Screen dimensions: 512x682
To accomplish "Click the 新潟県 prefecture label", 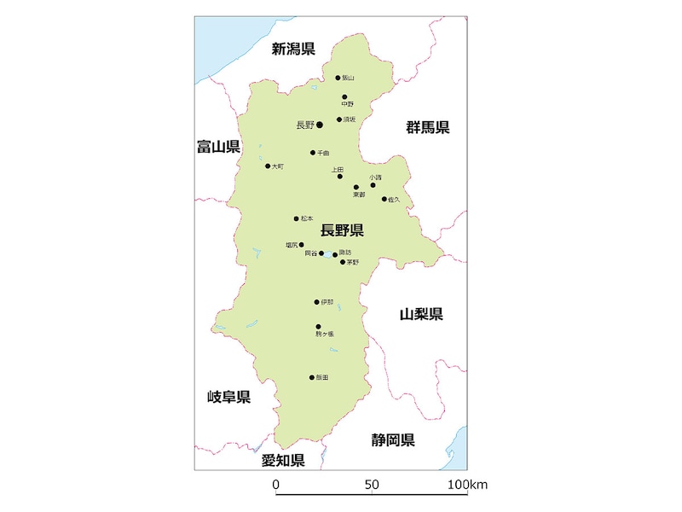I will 293,49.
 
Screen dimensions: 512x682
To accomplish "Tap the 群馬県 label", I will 427,128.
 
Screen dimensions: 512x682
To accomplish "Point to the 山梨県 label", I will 421,314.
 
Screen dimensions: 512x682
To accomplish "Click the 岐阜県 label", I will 228,397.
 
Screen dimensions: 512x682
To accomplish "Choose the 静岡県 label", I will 393,440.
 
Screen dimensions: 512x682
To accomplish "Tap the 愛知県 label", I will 283,461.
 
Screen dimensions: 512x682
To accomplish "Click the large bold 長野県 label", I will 342,230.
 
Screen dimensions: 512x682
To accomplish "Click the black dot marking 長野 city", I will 320,125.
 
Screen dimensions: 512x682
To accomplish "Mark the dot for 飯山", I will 338,78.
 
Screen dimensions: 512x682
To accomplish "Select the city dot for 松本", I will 297,218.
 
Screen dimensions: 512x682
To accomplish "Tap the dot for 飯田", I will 312,377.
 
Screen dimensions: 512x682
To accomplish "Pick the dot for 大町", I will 268,166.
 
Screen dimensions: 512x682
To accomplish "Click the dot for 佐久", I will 384,199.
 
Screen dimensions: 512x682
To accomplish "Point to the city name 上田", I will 338,170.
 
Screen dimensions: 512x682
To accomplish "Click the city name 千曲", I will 323,153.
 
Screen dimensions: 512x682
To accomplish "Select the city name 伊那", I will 327,302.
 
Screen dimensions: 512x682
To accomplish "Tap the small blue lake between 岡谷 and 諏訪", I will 328,253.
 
